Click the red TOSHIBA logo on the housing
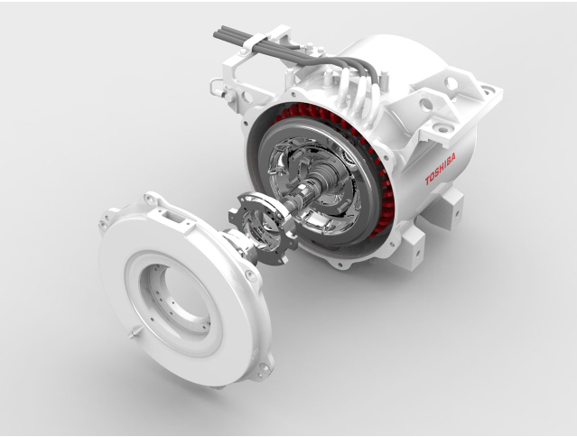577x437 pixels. pos(441,169)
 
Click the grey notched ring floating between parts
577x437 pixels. pos(264,228)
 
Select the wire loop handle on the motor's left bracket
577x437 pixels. pos(217,88)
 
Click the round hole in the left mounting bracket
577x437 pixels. pos(247,97)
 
